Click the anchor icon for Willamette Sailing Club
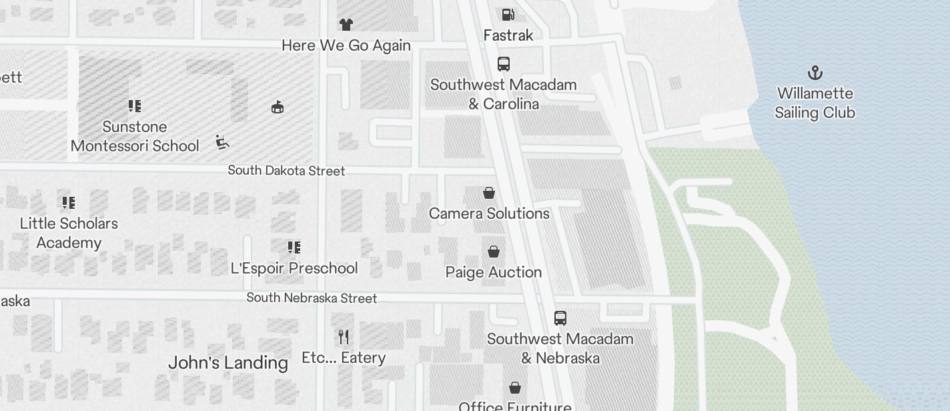pyautogui.click(x=815, y=73)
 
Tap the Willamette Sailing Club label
pyautogui.click(x=815, y=103)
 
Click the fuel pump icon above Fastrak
pyautogui.click(x=508, y=14)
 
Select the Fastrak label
pyautogui.click(x=508, y=35)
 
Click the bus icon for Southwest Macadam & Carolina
pyautogui.click(x=504, y=64)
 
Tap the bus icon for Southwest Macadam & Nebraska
pyautogui.click(x=560, y=318)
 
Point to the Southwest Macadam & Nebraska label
pyautogui.click(x=560, y=348)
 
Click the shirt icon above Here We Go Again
pyautogui.click(x=346, y=25)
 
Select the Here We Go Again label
pyautogui.click(x=346, y=45)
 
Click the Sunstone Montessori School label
pyautogui.click(x=135, y=136)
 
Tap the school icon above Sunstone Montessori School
pyautogui.click(x=135, y=106)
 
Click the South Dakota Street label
pyautogui.click(x=286, y=171)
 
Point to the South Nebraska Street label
pyautogui.click(x=312, y=298)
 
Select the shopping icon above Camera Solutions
pyautogui.click(x=489, y=193)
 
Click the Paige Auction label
pyautogui.click(x=493, y=272)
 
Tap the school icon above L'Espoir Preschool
pyautogui.click(x=294, y=248)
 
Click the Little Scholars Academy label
pyautogui.click(x=69, y=233)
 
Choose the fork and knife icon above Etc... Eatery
pyautogui.click(x=344, y=336)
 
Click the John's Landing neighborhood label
pyautogui.click(x=228, y=363)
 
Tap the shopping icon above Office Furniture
pyautogui.click(x=515, y=388)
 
